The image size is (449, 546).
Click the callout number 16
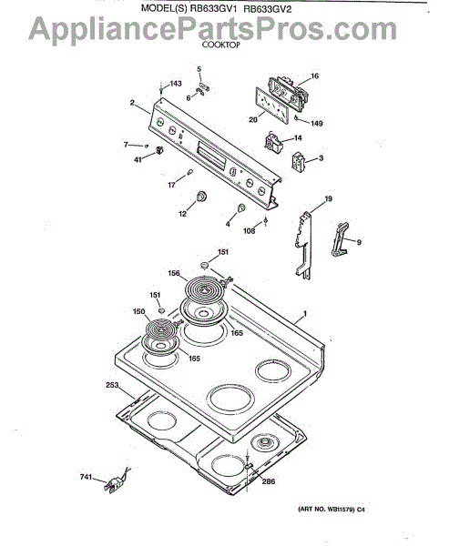[x=314, y=76]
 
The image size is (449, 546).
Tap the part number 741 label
[x=86, y=476]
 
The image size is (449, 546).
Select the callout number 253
[x=112, y=385]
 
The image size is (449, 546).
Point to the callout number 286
[x=269, y=481]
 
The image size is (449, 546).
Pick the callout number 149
[x=317, y=123]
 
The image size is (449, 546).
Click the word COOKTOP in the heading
[x=221, y=45]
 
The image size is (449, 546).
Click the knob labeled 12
[x=201, y=196]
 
